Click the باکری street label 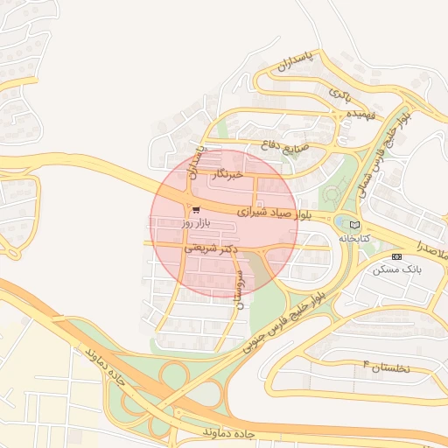339,92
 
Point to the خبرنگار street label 226,176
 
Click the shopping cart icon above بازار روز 195,210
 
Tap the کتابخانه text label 353,237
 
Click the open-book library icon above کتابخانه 353,225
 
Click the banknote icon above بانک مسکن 396,257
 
